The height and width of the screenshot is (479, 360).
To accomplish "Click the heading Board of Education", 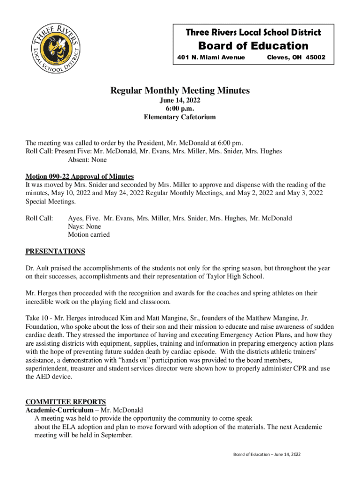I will tap(253, 46).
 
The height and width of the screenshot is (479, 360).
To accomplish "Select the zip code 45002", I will tap(316, 58).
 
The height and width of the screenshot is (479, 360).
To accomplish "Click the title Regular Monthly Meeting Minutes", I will tap(180, 90).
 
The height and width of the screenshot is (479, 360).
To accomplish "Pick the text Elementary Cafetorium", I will tap(180, 117).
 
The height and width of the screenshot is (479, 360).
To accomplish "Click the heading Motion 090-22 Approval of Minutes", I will tap(79, 176).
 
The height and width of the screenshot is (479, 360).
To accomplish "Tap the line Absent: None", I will tap(87, 160).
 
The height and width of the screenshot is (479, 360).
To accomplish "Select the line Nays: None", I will tap(84, 226).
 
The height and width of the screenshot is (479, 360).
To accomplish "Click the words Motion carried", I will tap(89, 235).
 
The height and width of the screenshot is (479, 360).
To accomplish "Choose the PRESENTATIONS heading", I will tap(55, 251).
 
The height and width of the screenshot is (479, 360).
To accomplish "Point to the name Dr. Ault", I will tap(36, 269).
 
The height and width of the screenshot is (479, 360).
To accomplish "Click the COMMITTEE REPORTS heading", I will tap(65, 402).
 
